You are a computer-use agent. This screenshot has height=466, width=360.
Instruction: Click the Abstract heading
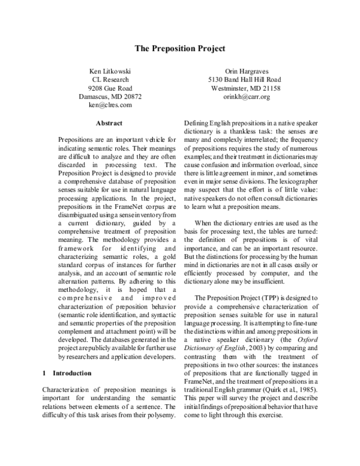[x=109, y=124]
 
